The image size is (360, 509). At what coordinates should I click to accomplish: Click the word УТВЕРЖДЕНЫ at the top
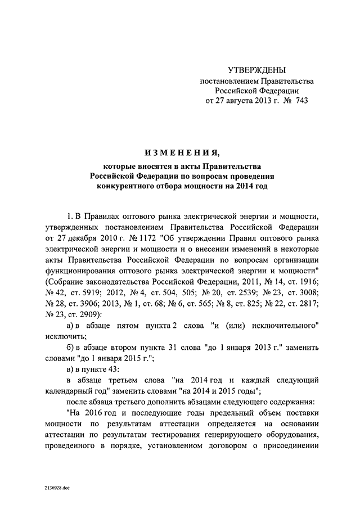click(x=256, y=70)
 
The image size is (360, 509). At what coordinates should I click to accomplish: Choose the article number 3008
click(x=307, y=292)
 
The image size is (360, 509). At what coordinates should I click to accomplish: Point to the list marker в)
click(x=70, y=370)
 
